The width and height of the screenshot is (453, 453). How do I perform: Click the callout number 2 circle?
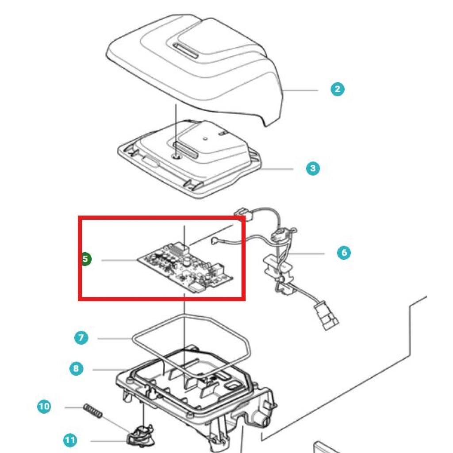click(338, 89)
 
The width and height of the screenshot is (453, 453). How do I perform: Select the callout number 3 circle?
click(313, 168)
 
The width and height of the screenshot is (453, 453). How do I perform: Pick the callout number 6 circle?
click(344, 253)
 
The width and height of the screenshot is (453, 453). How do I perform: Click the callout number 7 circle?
click(81, 338)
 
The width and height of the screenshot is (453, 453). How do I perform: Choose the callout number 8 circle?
click(76, 369)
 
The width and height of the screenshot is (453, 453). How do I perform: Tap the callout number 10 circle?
click(44, 407)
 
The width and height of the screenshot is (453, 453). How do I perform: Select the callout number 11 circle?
click(70, 440)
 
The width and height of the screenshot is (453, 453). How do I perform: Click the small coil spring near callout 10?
click(93, 411)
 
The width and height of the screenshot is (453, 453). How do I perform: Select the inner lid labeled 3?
click(189, 158)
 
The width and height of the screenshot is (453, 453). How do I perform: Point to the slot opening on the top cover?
click(185, 50)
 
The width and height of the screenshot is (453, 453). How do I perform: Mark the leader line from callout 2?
click(300, 90)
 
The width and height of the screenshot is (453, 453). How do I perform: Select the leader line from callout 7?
click(115, 338)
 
